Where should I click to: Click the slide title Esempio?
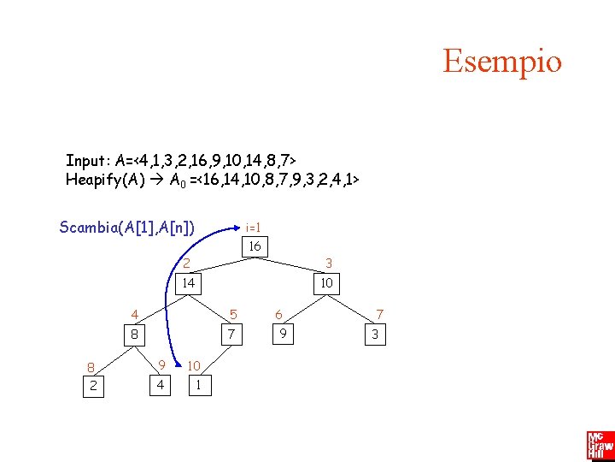pos(502,62)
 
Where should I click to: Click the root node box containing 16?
pos(254,247)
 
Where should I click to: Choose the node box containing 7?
pos(230,334)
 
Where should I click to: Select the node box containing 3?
pos(374,335)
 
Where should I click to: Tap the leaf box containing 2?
pos(93,386)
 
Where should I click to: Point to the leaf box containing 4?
pos(158,385)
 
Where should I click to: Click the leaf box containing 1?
pos(198,385)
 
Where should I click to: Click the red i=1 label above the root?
pos(253,228)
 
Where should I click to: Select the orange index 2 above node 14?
pos(187,264)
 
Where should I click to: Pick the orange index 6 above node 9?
pos(278,315)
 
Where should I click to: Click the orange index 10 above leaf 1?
pos(194,366)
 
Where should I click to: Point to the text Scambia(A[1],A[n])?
pos(127,227)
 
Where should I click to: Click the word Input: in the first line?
pos(88,160)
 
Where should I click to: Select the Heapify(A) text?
pos(110,180)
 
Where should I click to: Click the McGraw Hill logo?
pos(600,445)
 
